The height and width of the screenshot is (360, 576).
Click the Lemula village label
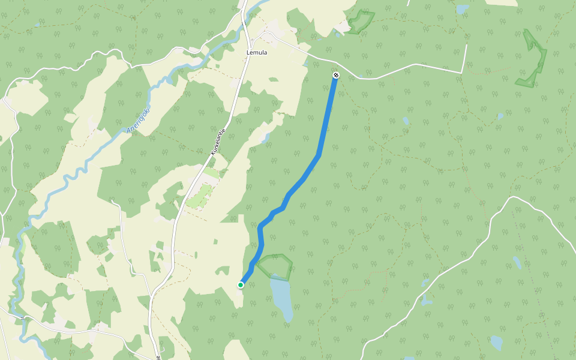click(257, 52)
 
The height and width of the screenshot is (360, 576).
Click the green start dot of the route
click(241, 284)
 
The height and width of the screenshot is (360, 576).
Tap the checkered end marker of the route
click(336, 75)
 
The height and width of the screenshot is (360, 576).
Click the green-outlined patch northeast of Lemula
click(360, 22)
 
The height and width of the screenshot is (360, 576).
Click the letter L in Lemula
click(248, 52)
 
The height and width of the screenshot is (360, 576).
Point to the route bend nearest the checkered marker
click(318, 155)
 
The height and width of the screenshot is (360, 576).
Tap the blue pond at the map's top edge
click(462, 9)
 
